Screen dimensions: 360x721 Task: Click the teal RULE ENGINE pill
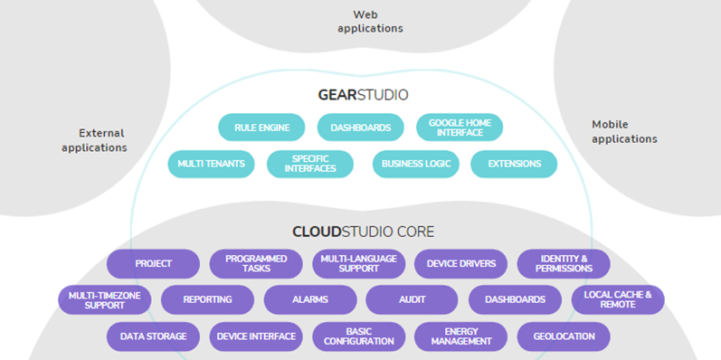(261, 128)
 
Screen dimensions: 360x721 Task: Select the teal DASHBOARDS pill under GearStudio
(360, 128)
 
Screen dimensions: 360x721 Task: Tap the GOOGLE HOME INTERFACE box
(459, 128)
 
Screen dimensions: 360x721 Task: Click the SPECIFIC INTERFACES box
(309, 164)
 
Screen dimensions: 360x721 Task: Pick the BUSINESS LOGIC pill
(415, 164)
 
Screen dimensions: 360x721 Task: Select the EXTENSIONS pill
(514, 164)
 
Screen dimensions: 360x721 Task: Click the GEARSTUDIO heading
(363, 94)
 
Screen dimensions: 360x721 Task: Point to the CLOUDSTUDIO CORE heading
(363, 232)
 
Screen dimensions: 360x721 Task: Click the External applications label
(94, 140)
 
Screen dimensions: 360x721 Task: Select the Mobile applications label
(624, 132)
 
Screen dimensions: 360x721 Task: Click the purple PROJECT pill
(153, 264)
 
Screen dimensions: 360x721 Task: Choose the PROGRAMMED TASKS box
(256, 264)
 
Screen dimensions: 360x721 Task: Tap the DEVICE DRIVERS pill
(460, 264)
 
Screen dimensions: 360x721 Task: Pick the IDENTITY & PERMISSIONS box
(564, 264)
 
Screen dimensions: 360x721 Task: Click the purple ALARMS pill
(309, 299)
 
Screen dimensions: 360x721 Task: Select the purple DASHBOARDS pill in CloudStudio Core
(515, 299)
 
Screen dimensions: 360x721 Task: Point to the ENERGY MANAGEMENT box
(460, 336)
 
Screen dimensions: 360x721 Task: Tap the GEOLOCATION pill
(564, 336)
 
